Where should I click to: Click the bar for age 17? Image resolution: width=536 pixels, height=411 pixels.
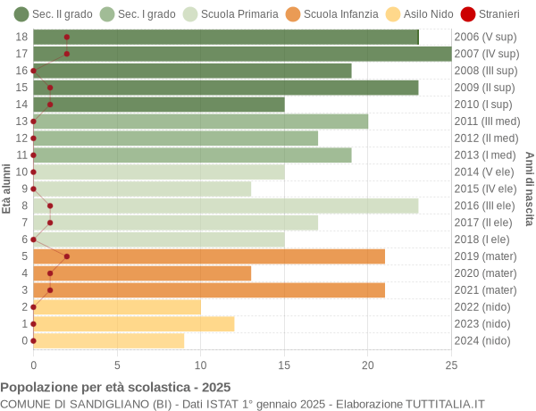[x=242, y=54]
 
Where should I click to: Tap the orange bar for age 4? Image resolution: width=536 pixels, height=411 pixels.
[x=142, y=273]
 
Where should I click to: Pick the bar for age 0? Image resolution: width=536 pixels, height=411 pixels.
[x=109, y=340]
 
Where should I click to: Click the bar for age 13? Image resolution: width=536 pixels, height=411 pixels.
[x=201, y=122]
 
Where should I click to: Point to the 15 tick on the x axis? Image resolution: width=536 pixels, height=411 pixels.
[x=284, y=365]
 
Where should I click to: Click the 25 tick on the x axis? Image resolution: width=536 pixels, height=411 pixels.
[x=451, y=365]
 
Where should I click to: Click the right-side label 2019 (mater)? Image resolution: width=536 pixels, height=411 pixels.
[x=485, y=256]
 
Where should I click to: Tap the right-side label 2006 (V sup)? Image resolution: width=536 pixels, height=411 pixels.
[x=485, y=37]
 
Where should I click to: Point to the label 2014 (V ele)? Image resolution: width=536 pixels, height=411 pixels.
[x=485, y=172]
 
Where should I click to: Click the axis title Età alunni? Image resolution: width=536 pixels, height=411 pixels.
[x=7, y=189]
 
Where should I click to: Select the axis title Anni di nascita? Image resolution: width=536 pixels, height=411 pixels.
[x=529, y=189]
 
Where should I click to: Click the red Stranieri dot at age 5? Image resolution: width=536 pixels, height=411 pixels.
[x=67, y=256]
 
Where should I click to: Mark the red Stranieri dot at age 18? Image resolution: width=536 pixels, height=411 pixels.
[x=67, y=37]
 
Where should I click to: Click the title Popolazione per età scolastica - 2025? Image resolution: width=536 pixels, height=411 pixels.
[x=115, y=388]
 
